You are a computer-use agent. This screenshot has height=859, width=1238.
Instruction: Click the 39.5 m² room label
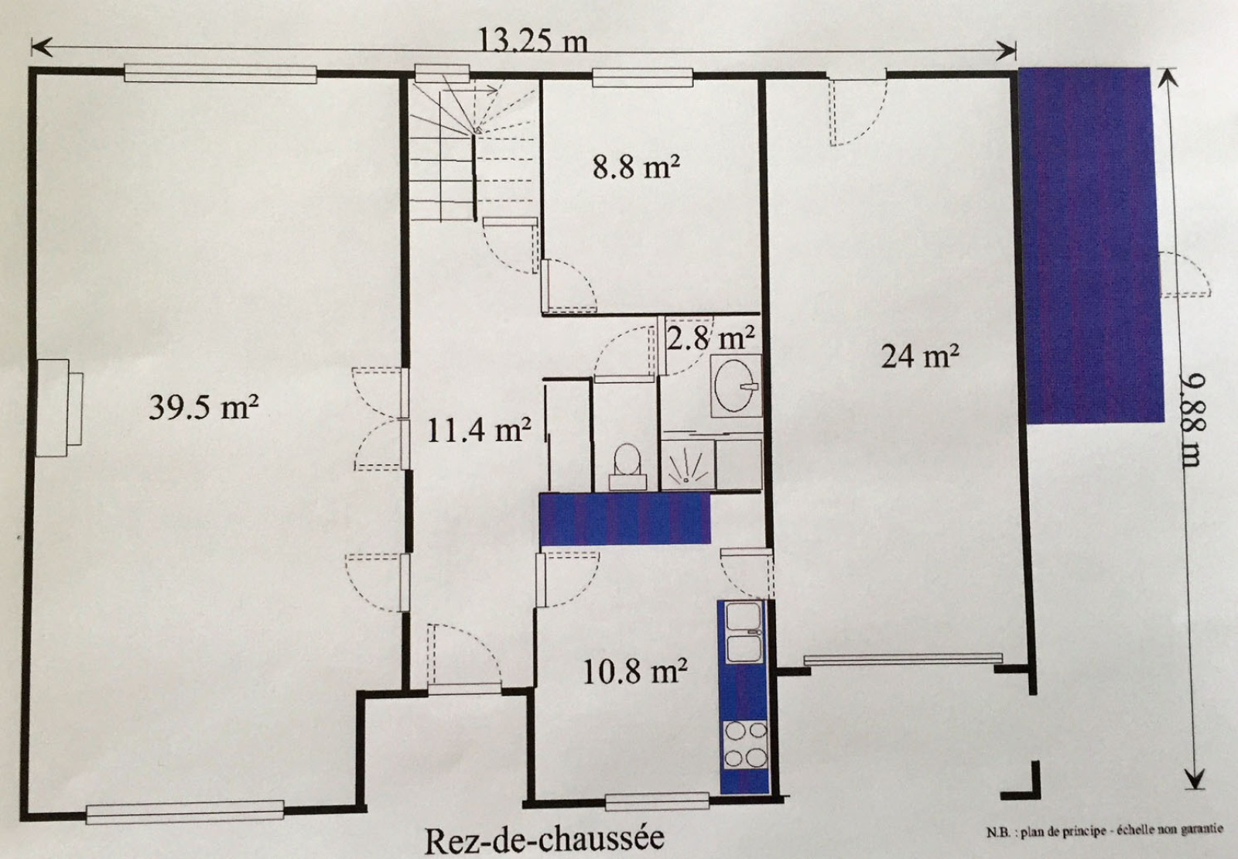pyautogui.click(x=203, y=407)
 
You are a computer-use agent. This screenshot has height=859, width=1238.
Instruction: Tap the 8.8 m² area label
pyautogui.click(x=636, y=166)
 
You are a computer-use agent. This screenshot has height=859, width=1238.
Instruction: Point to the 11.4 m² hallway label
pyautogui.click(x=479, y=429)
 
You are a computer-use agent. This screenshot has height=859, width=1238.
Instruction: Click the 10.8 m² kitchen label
pyautogui.click(x=635, y=671)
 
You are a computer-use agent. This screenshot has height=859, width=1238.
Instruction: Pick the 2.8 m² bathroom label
pyautogui.click(x=710, y=337)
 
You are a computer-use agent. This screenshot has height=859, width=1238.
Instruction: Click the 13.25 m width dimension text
pyautogui.click(x=532, y=41)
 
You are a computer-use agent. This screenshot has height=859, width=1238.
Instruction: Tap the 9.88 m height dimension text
pyautogui.click(x=1192, y=420)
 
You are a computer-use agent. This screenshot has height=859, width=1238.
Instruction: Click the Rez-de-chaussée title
pyautogui.click(x=544, y=840)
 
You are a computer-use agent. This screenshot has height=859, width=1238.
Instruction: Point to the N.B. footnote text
pyautogui.click(x=1104, y=830)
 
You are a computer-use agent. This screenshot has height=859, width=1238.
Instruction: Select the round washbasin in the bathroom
pyautogui.click(x=736, y=385)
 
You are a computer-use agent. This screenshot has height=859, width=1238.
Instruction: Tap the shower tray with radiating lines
pyautogui.click(x=688, y=465)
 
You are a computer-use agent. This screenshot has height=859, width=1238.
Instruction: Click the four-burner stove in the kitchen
pyautogui.click(x=746, y=744)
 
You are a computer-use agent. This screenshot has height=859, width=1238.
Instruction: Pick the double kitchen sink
pyautogui.click(x=744, y=632)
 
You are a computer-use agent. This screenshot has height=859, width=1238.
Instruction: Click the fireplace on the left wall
pyautogui.click(x=59, y=408)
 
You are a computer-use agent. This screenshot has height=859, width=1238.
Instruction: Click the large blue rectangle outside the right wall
pyautogui.click(x=1091, y=245)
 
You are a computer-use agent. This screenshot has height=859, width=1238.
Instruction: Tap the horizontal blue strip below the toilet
pyautogui.click(x=624, y=518)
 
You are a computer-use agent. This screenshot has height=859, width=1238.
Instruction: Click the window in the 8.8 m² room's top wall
pyautogui.click(x=642, y=77)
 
